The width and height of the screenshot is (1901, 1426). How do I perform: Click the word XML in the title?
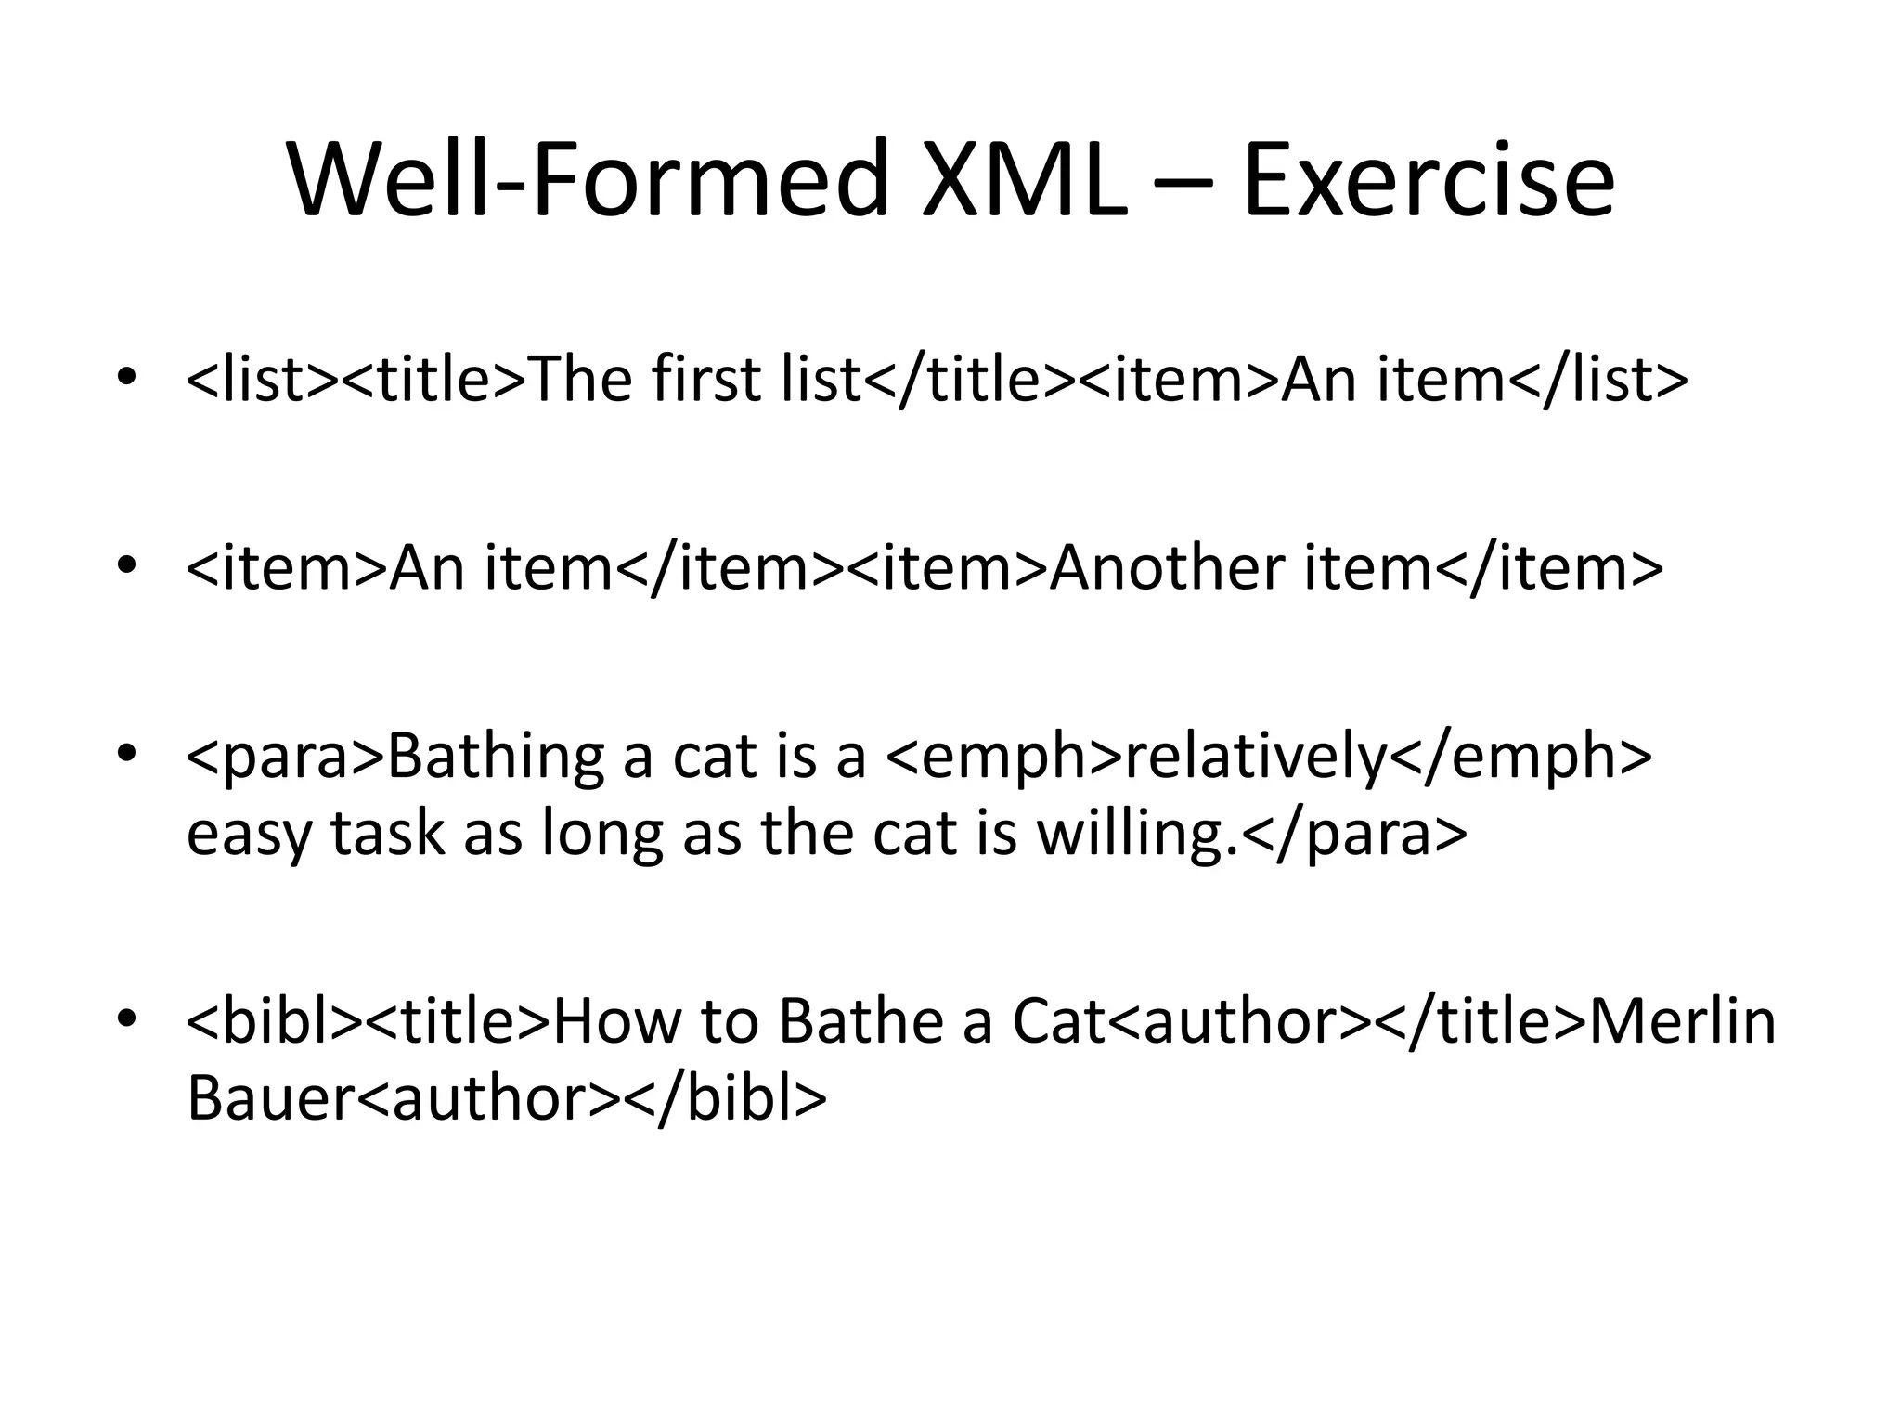pyautogui.click(x=1023, y=178)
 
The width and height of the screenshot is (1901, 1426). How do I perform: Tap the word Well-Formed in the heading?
pyautogui.click(x=588, y=178)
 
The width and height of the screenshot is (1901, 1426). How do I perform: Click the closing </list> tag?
pyautogui.click(x=1597, y=380)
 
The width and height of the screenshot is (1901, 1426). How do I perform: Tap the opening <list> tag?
pyautogui.click(x=264, y=380)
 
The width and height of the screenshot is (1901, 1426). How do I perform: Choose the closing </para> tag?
pyautogui.click(x=1354, y=835)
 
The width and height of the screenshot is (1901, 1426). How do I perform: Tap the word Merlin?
pyautogui.click(x=1682, y=1021)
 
